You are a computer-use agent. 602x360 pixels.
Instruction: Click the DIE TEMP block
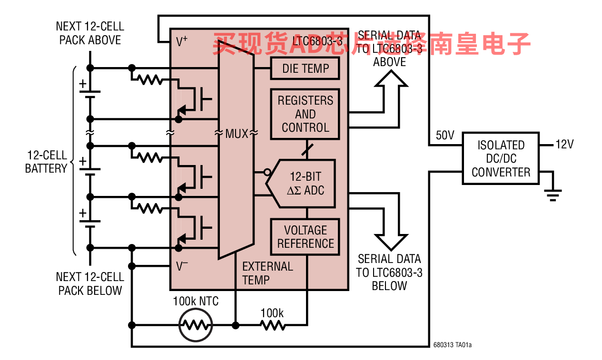point(305,68)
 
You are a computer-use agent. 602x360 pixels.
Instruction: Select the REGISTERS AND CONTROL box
point(305,114)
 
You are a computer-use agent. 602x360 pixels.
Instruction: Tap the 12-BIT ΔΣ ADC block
point(306,184)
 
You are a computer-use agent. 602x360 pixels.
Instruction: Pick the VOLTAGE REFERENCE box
point(305,237)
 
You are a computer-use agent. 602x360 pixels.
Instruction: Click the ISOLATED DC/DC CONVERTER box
point(501,158)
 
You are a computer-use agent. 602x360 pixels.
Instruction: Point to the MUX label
point(237,134)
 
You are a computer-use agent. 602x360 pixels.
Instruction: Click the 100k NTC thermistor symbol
point(195,325)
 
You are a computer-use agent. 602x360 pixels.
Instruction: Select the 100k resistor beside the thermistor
point(272,325)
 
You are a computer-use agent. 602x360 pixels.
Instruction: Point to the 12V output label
point(565,144)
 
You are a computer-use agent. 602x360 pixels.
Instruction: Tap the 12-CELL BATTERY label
point(46,162)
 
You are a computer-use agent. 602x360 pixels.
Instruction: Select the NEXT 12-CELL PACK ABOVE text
point(90,33)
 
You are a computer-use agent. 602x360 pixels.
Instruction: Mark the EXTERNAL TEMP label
point(267,273)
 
